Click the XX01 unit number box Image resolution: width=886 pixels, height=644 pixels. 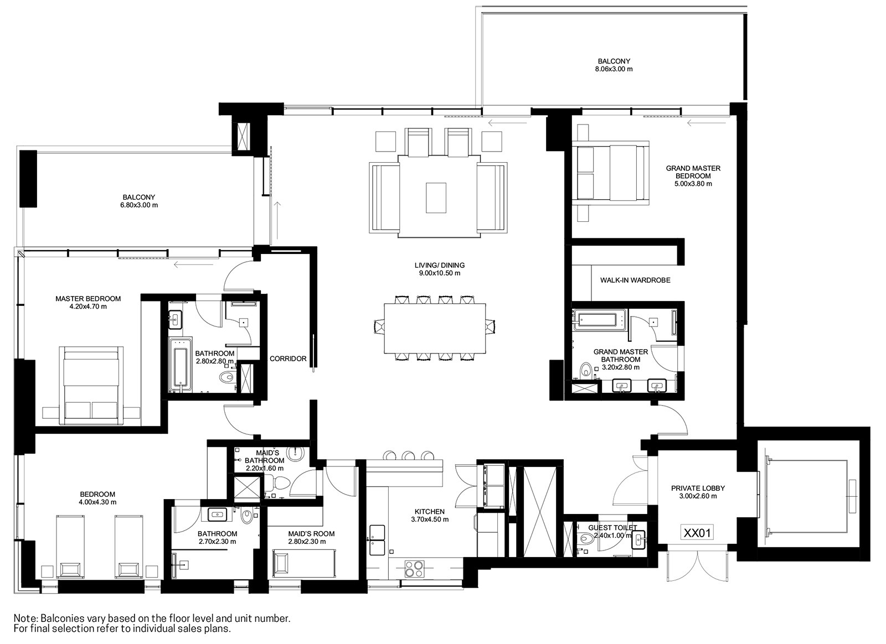pos(697,533)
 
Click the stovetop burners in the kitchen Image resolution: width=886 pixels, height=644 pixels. pos(414,569)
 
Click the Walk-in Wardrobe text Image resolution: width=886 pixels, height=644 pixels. pos(635,280)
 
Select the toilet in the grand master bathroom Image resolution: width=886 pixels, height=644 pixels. pos(586,370)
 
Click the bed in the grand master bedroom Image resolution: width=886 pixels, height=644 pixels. pos(612,173)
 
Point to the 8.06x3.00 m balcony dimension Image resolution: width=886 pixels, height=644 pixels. pos(614,69)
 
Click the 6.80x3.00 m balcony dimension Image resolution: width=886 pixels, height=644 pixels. pos(139,205)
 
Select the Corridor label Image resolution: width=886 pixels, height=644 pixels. pos(288,359)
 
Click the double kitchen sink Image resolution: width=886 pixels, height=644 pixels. pos(377,539)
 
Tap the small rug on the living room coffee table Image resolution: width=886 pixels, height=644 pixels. pos(436,198)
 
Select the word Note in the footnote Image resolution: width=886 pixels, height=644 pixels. pos(25,619)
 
